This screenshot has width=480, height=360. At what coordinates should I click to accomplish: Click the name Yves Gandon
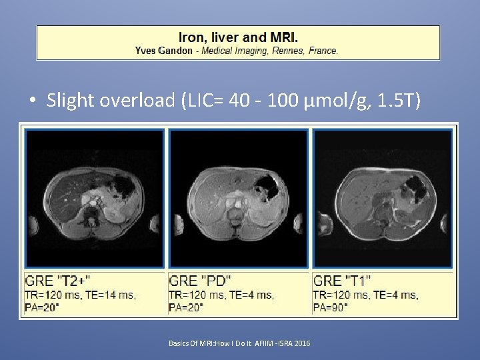pyautogui.click(x=163, y=51)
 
